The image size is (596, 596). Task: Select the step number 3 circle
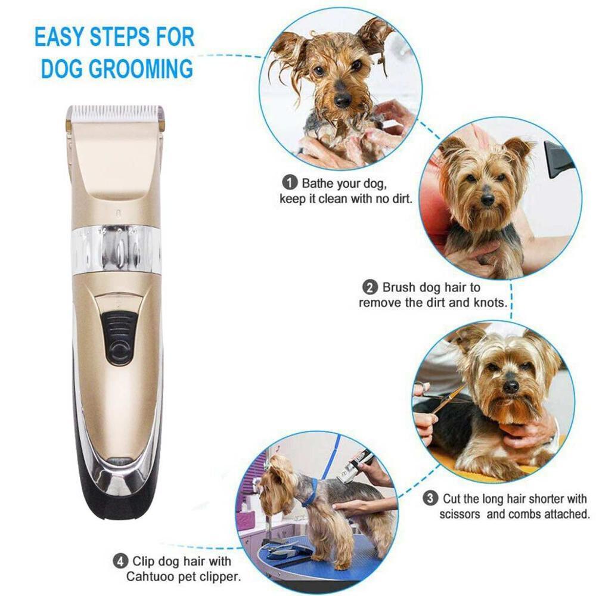tap(430, 498)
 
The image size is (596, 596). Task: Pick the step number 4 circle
tap(120, 561)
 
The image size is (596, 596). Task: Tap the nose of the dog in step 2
tap(488, 199)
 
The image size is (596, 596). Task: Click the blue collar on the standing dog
tap(309, 492)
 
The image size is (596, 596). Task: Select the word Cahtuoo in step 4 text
tap(154, 576)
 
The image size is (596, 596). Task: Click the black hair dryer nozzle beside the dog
tap(558, 159)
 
